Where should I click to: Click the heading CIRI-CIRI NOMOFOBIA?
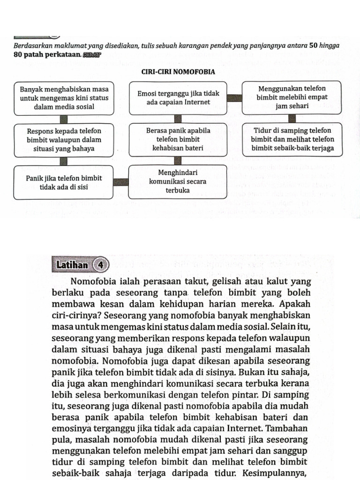178,72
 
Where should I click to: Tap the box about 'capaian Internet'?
178,98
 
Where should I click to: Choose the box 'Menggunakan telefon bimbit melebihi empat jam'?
292,97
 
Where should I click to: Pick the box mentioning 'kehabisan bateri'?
178,140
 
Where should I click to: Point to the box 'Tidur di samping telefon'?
292,140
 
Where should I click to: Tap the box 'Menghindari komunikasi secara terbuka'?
178,181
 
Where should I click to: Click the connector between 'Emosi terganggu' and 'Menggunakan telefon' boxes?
234,98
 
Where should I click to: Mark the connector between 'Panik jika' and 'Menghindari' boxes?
121,182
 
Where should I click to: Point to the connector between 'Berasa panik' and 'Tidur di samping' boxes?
234,140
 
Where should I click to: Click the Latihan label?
72,265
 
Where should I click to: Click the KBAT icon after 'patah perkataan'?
92,55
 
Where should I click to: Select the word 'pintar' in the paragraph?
271,395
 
